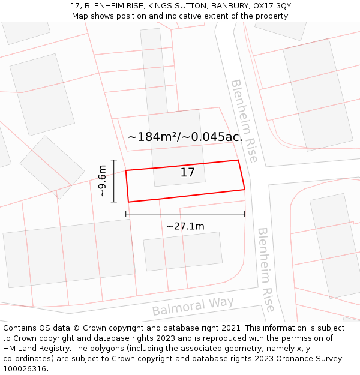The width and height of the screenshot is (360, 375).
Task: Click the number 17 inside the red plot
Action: point(188,173)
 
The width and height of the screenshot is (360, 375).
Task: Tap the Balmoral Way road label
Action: point(193,305)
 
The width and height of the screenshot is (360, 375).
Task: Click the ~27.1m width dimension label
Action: point(185,226)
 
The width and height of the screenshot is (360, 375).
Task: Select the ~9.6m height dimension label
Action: point(103,181)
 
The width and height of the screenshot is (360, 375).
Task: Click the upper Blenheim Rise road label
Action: point(244,121)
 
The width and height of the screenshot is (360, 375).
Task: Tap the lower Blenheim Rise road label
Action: point(266,269)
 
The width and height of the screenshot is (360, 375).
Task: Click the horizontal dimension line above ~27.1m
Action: point(185,214)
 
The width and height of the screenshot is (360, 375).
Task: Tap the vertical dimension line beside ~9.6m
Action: point(113,181)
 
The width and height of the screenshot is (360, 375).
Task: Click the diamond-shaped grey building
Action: point(52,167)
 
